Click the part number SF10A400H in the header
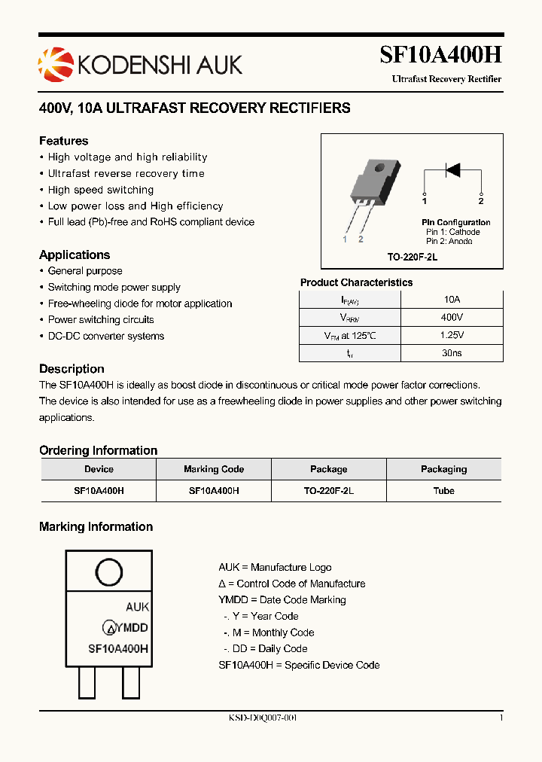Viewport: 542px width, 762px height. click(x=440, y=56)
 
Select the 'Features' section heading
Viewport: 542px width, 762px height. click(x=63, y=141)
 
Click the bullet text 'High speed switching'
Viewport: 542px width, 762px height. click(x=101, y=190)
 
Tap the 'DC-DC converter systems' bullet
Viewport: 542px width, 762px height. click(x=105, y=336)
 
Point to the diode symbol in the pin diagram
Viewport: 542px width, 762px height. click(x=452, y=169)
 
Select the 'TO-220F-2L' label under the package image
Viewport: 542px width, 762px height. click(x=412, y=257)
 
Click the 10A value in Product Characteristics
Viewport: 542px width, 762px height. click(x=452, y=300)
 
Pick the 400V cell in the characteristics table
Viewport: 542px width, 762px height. click(x=452, y=318)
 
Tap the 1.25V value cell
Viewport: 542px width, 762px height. click(x=452, y=335)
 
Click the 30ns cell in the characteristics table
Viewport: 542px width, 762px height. click(x=452, y=352)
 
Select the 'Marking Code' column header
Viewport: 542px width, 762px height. click(x=214, y=469)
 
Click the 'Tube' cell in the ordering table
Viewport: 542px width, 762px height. click(x=443, y=490)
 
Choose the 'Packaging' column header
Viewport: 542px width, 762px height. click(x=443, y=469)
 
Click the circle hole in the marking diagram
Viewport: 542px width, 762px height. click(x=109, y=572)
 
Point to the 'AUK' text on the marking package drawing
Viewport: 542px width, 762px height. click(x=137, y=607)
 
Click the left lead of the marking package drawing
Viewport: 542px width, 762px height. click(x=87, y=683)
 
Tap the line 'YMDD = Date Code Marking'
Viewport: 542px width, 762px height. click(x=282, y=600)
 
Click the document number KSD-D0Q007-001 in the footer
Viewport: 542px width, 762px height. click(x=263, y=718)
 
